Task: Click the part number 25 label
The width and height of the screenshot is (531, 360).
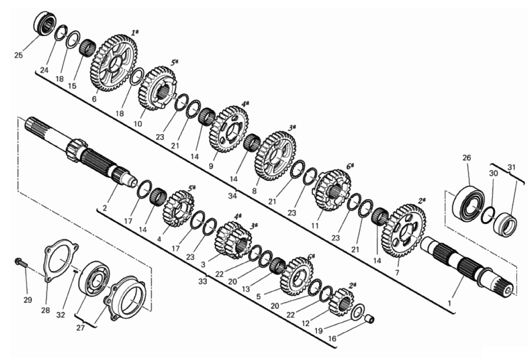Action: [x=19, y=55]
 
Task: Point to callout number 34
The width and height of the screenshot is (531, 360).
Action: [x=232, y=196]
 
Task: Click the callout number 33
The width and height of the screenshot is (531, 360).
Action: [x=202, y=281]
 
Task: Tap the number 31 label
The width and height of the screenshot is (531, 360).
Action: [x=511, y=167]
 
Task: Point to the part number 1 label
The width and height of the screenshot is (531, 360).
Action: [x=449, y=303]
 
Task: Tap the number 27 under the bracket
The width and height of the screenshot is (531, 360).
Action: [x=80, y=328]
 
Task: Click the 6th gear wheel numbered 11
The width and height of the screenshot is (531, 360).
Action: [x=331, y=190]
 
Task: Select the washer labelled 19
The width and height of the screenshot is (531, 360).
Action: [x=358, y=311]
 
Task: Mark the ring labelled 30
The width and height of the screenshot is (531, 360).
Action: [x=488, y=215]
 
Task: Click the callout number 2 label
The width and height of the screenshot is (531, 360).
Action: [x=105, y=208]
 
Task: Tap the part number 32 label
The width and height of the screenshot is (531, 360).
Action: [x=61, y=315]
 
